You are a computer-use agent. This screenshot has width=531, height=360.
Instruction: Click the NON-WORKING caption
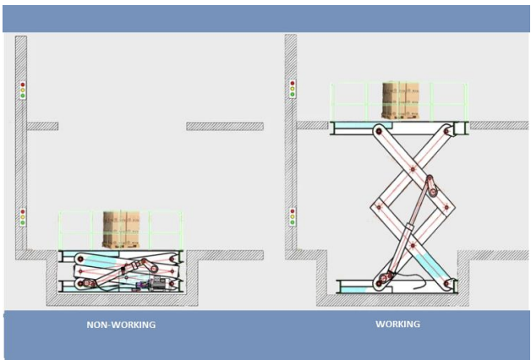[121, 324]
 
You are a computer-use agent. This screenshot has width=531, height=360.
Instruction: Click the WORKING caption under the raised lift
[397, 324]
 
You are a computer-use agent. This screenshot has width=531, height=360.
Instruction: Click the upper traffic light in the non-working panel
[23, 90]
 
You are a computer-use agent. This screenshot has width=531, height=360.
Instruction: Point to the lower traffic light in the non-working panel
[23, 217]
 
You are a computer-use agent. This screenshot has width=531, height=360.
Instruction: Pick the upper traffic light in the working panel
[293, 89]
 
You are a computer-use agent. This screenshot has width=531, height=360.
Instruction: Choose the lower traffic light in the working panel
[293, 216]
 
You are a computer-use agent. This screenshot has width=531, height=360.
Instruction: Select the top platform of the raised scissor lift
[397, 128]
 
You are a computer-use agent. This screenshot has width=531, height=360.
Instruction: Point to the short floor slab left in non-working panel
[42, 126]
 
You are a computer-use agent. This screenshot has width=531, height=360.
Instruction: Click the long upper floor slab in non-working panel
[224, 126]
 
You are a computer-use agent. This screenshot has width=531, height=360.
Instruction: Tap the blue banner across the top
[265, 18]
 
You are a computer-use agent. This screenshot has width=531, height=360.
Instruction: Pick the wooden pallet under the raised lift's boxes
[401, 117]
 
